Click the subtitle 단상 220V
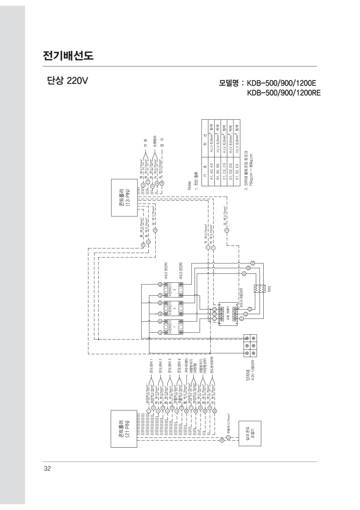coord(66,81)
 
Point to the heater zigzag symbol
coord(259,288)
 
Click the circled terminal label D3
coord(253,263)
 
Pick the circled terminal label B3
coord(160,284)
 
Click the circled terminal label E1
coord(242,318)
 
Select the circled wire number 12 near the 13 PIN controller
coord(155,230)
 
